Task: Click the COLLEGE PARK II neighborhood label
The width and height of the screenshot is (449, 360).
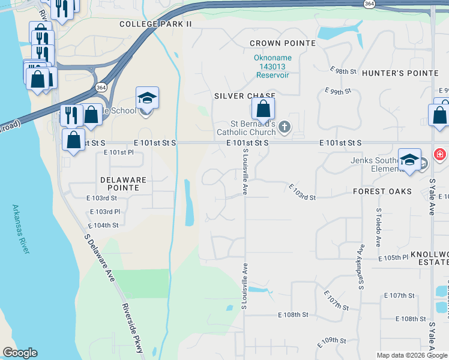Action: coord(155,24)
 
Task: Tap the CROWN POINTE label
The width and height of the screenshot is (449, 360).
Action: coord(282,43)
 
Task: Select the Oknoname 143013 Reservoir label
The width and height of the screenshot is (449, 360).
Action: coord(271,67)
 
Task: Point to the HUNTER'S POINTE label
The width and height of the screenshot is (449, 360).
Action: coord(400,73)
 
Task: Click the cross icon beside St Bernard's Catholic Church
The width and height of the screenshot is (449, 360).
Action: coord(285,127)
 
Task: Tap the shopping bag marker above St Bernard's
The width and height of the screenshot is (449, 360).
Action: coord(263,110)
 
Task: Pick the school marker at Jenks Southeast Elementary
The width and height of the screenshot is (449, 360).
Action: coord(409,160)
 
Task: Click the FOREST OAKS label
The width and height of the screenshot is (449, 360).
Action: coord(382,191)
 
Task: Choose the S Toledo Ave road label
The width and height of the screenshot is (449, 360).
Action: coord(378,228)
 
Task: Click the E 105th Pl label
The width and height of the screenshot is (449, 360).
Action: coord(393,257)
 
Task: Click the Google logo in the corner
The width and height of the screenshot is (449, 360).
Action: coord(20,353)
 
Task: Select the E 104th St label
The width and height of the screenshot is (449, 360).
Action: coord(103,225)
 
